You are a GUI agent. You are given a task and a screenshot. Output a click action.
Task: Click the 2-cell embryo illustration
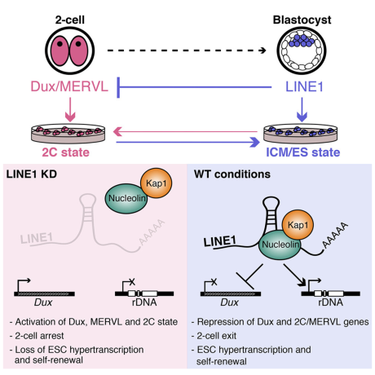click(x=70, y=51)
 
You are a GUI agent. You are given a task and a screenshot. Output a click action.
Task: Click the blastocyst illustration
click(x=302, y=51)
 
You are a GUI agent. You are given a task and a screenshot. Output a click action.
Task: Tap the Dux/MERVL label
click(x=69, y=86)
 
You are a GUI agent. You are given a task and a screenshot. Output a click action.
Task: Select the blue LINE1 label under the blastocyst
click(x=304, y=86)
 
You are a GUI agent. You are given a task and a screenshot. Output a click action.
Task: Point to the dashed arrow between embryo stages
click(x=187, y=51)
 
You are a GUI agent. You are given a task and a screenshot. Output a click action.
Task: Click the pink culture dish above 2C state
click(x=68, y=134)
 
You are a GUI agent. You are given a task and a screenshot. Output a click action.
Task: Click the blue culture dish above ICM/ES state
click(x=300, y=134)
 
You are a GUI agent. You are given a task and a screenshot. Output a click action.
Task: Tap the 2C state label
click(x=66, y=152)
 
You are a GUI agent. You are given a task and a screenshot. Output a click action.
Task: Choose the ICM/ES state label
click(x=303, y=152)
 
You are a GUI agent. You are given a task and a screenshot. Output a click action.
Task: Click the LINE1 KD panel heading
click(x=32, y=174)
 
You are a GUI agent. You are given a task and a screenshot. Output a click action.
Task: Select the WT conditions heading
click(x=232, y=174)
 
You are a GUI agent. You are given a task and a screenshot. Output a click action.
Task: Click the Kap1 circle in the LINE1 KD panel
click(x=157, y=183)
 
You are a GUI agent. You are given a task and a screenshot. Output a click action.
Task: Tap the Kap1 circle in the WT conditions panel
click(x=298, y=225)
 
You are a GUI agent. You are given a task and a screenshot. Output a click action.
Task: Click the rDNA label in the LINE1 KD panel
click(x=144, y=302)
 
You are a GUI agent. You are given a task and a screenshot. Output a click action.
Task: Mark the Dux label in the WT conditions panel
click(x=230, y=302)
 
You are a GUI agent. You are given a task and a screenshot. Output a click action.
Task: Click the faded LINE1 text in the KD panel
click(x=37, y=238)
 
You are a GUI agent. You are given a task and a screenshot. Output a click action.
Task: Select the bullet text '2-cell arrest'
click(x=39, y=336)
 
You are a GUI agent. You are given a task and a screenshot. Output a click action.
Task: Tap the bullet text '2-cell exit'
click(x=217, y=336)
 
